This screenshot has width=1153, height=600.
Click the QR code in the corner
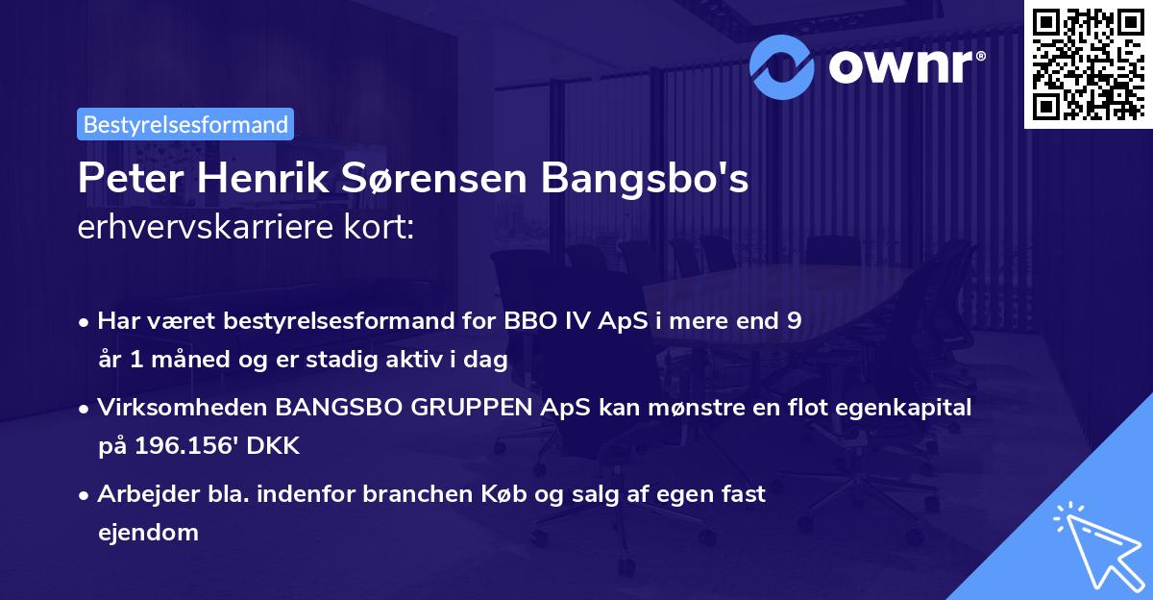coord(1088,64)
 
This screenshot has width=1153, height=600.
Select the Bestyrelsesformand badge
coord(185,124)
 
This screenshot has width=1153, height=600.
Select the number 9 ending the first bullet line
coord(794,321)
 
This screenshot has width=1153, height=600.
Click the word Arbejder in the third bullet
coord(138,494)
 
